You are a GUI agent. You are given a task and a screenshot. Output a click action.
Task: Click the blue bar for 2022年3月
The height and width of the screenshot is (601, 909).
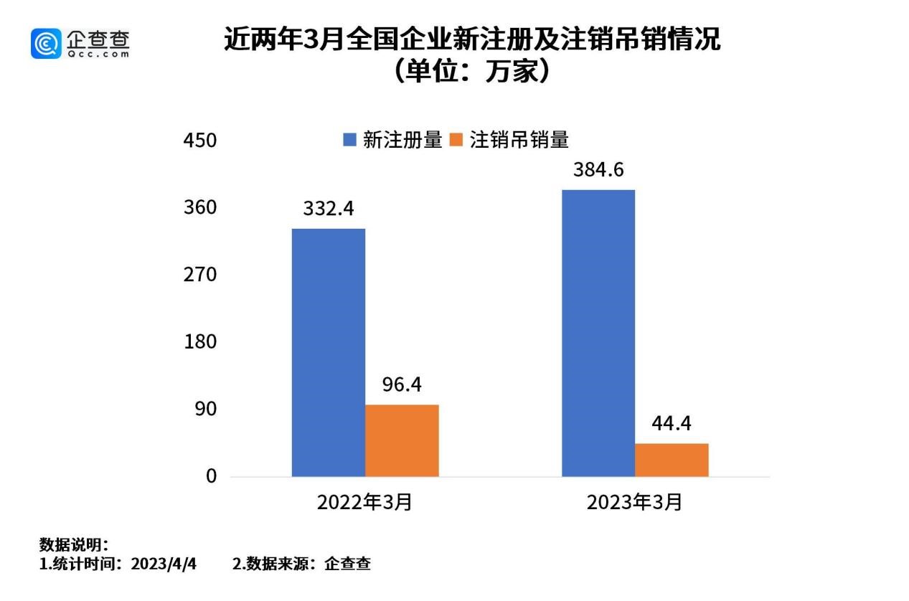click(328, 352)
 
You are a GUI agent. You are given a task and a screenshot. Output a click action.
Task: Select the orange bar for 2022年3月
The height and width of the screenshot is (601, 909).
click(402, 440)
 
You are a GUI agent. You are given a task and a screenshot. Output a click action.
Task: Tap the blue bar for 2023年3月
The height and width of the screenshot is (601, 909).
click(598, 333)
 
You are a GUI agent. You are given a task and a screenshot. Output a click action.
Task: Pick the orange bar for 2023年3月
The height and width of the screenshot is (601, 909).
click(672, 460)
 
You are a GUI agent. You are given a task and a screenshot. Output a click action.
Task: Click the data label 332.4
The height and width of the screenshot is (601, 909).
click(329, 209)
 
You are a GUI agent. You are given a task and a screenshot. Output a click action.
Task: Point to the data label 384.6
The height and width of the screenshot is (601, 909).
click(598, 170)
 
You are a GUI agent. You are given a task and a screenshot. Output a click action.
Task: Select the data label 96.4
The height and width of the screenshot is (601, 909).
click(402, 385)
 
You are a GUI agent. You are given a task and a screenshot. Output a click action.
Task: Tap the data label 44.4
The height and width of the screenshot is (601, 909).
click(672, 424)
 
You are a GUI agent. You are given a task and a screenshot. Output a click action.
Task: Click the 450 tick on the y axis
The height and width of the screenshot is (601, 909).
click(199, 141)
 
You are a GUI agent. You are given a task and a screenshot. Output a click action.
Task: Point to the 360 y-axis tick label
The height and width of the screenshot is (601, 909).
click(199, 208)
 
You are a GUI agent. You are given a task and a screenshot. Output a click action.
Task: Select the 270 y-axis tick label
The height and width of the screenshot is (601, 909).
click(199, 275)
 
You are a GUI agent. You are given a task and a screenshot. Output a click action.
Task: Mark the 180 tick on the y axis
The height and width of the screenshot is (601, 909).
click(199, 342)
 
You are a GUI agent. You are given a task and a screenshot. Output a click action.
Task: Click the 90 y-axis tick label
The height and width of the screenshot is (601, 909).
click(204, 409)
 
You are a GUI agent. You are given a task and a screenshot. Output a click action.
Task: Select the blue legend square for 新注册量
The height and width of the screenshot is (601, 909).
click(350, 140)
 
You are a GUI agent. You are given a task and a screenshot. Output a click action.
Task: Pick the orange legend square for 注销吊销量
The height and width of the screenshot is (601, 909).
click(456, 140)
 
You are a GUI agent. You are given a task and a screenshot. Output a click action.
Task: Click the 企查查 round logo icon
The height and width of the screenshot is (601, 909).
click(46, 43)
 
